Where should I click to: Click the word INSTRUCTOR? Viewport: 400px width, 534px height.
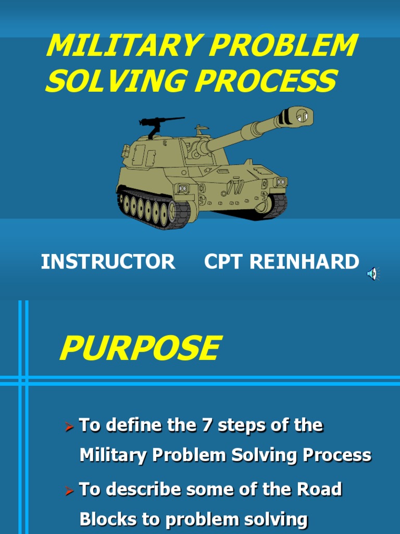click(108, 262)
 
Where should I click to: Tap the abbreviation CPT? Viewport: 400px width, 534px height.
click(224, 262)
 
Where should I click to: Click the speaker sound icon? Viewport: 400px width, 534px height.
click(373, 274)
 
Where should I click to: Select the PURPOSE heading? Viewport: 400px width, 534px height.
click(140, 348)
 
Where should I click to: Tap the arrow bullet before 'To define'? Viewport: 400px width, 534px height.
click(69, 427)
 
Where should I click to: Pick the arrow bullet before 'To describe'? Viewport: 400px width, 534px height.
click(69, 491)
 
